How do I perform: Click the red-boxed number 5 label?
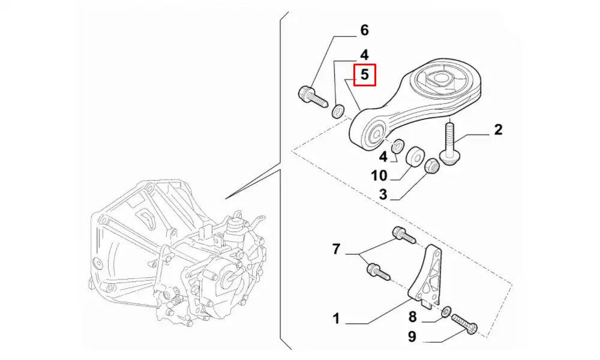[x=364, y=75]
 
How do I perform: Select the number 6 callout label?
[x=364, y=30]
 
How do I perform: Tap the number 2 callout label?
[x=498, y=130]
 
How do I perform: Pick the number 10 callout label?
[x=379, y=176]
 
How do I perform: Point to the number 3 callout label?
[x=382, y=194]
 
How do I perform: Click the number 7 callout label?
[x=336, y=248]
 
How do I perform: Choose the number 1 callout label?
[x=336, y=319]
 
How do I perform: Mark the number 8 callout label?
[x=412, y=317]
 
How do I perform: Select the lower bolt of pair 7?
[x=377, y=271]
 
